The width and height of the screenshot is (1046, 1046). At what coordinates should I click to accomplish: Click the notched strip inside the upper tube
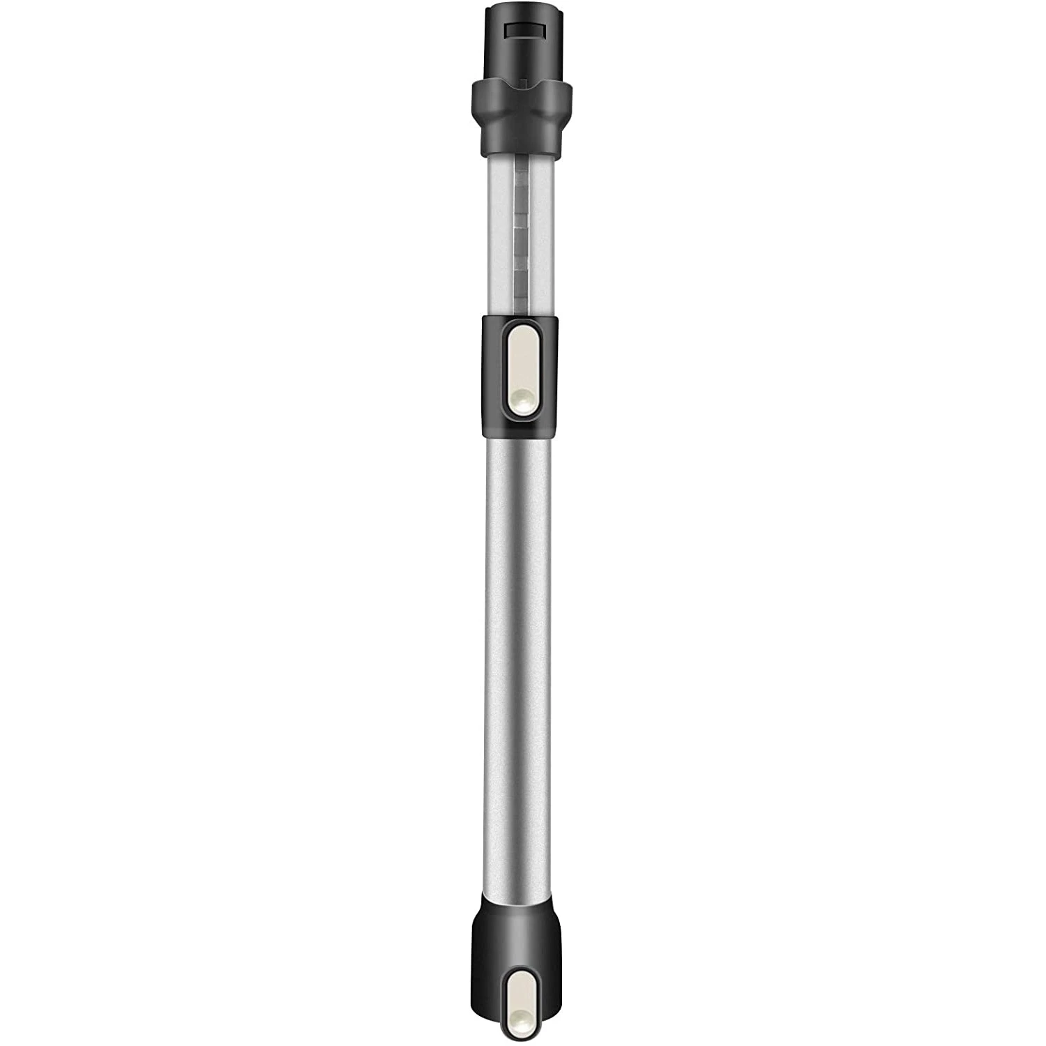[x=522, y=230]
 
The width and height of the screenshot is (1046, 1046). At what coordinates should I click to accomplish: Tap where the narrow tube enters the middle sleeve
[x=522, y=315]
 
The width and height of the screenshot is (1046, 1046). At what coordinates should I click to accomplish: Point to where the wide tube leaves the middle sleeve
[x=522, y=438]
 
